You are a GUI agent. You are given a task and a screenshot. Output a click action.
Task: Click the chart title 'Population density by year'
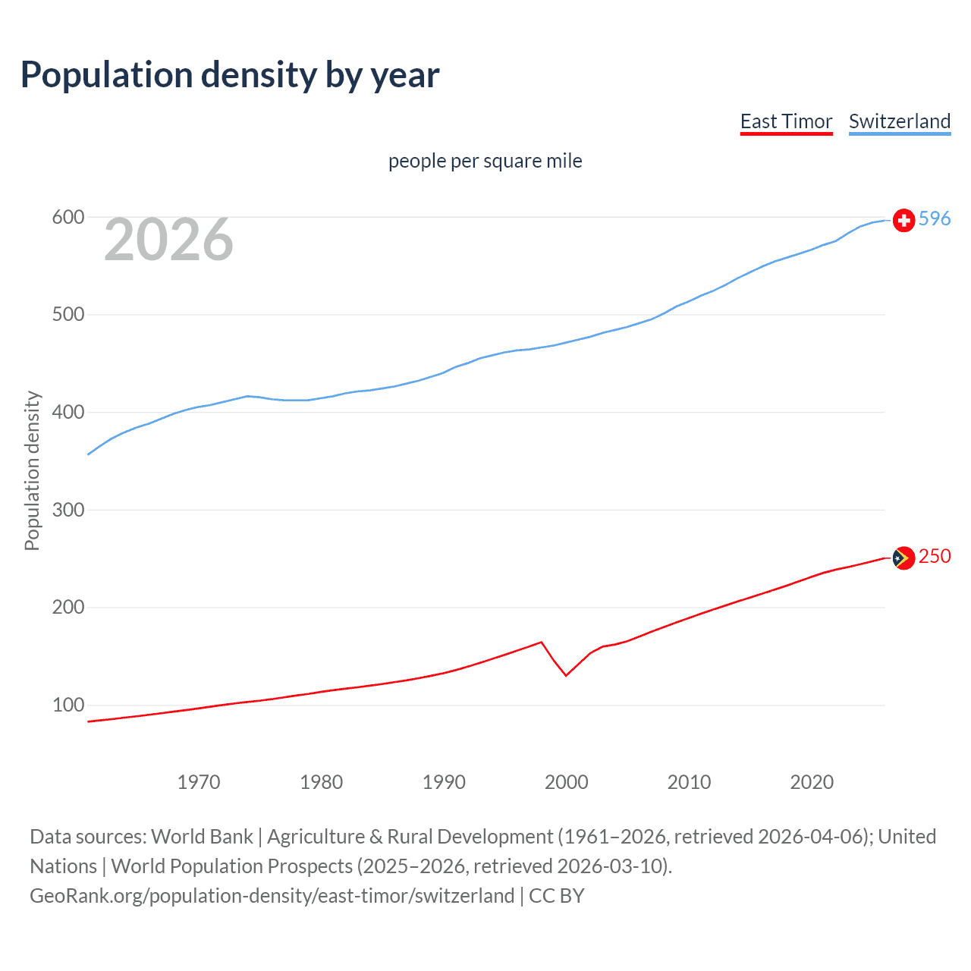click(230, 74)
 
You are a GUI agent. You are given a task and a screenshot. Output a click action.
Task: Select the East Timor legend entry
click(786, 121)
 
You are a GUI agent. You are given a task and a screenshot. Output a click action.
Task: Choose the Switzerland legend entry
click(899, 121)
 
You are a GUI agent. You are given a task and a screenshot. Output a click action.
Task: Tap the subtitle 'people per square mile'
click(485, 161)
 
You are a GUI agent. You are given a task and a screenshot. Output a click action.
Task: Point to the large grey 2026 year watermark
click(168, 240)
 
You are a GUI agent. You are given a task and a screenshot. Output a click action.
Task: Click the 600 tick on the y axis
click(68, 218)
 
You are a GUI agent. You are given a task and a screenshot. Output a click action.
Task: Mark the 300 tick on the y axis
click(68, 510)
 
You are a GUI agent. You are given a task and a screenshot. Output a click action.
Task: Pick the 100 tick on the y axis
click(68, 705)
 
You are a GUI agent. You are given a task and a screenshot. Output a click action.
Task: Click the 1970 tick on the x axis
click(199, 782)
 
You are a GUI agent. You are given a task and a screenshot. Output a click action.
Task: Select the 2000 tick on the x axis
click(566, 782)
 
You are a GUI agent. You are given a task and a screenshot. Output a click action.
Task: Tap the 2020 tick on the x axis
click(812, 782)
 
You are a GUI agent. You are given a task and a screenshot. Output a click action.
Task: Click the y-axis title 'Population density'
click(32, 470)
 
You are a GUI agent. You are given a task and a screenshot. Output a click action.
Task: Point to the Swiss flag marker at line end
click(903, 220)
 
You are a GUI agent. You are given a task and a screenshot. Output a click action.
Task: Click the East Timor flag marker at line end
click(903, 558)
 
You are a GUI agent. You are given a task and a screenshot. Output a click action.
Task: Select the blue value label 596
click(935, 219)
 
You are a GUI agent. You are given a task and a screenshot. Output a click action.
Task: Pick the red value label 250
click(935, 557)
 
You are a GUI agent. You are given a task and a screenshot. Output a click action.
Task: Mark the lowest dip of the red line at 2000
click(566, 675)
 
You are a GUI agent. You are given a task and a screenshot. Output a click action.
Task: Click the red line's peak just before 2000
click(541, 643)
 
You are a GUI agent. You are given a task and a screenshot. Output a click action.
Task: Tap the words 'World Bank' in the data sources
click(202, 837)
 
